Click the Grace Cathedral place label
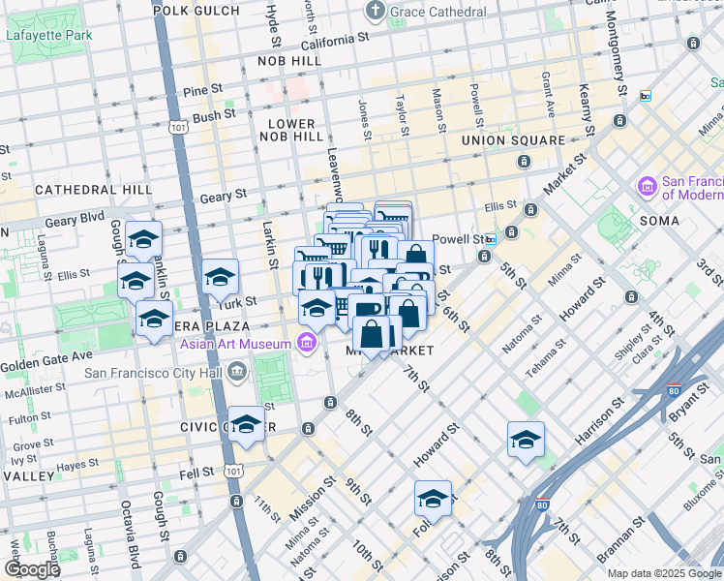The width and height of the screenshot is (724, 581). [x=438, y=12]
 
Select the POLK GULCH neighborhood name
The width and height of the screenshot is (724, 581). [x=196, y=10]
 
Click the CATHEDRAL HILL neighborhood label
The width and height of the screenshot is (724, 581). [x=94, y=190]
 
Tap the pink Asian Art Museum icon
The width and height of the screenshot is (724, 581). [x=307, y=343]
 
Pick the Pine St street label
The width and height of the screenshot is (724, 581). [x=202, y=90]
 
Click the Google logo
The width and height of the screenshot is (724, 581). [x=31, y=569]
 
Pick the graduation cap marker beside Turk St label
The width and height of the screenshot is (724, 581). [x=220, y=277]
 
